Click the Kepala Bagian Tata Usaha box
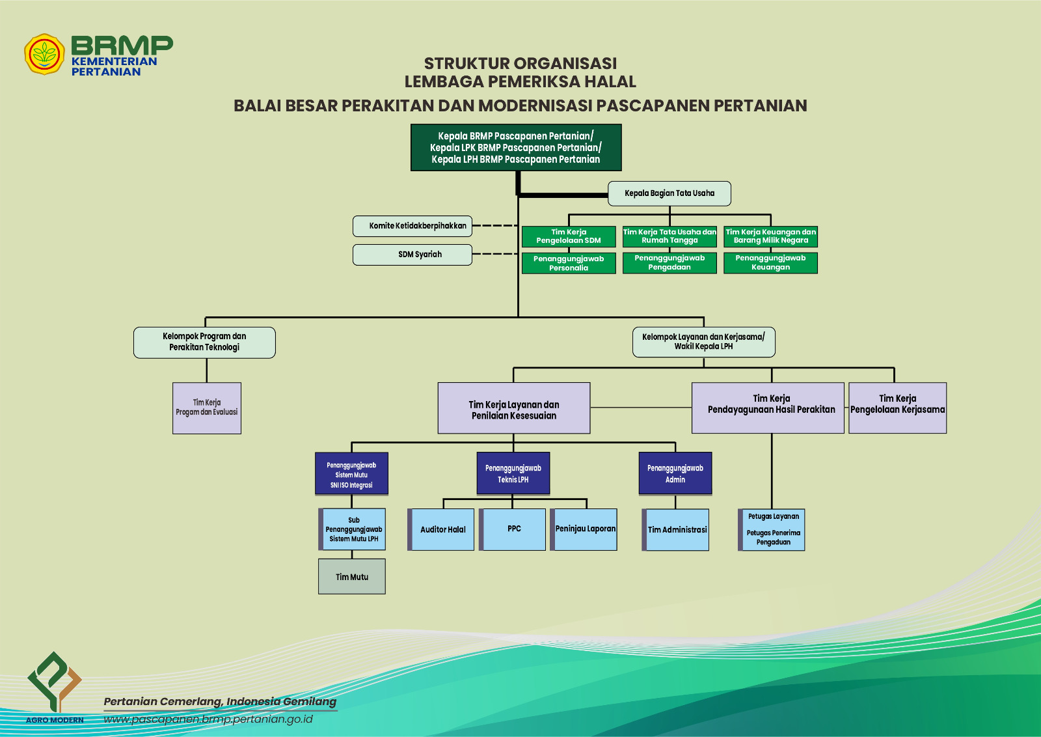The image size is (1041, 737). (669, 193)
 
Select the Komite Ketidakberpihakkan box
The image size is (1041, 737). (412, 226)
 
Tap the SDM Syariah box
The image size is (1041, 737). (412, 255)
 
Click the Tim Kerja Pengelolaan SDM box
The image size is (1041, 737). (569, 236)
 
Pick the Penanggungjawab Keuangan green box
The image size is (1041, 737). (770, 263)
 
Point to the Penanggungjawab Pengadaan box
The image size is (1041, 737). (669, 263)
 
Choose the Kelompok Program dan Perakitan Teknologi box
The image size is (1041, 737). (204, 342)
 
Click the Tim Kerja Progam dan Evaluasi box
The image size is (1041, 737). (207, 408)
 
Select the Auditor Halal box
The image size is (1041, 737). (442, 530)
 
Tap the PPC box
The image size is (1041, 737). (513, 529)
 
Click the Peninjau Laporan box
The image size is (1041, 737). (584, 529)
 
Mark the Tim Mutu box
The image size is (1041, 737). (352, 577)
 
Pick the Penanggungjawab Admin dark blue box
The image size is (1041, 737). (675, 474)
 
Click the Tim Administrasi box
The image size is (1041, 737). (676, 530)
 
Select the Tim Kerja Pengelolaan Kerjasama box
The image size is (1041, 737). (897, 408)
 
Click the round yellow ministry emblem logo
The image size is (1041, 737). (44, 55)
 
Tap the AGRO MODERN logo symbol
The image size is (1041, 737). (55, 681)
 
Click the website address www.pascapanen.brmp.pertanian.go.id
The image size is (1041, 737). (208, 719)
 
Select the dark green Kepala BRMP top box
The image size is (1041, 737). (516, 148)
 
